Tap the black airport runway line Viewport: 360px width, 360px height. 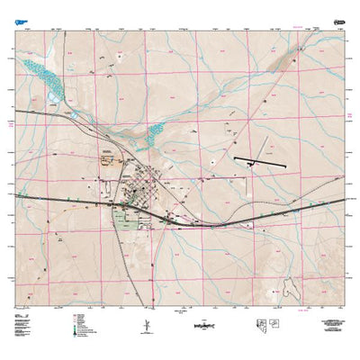point(257,164)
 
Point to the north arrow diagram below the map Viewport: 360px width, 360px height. point(145,324)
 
